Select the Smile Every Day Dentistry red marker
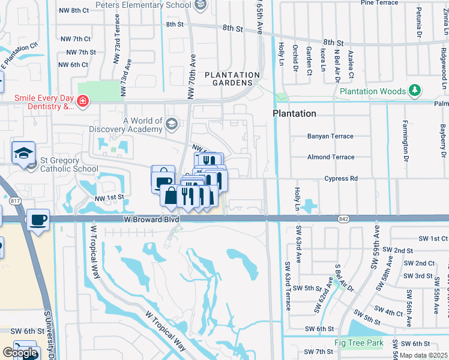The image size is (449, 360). point(82,102)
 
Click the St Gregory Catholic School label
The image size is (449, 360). point(69,164)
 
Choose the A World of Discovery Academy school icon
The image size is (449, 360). point(172,124)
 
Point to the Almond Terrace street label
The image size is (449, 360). point(331,157)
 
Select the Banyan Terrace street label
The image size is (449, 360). point(330,136)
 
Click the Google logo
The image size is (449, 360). point(20,353)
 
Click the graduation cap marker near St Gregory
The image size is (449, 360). point(23,152)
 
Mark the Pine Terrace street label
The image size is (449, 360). point(379,3)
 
